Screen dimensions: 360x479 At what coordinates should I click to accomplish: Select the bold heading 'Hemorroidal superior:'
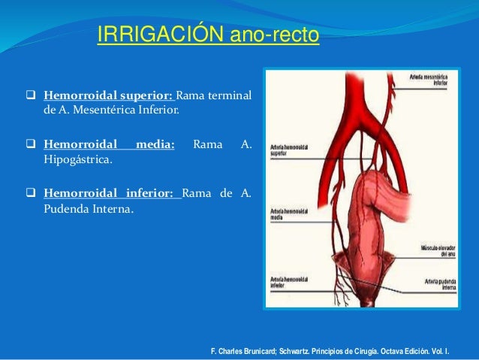[x=109, y=96]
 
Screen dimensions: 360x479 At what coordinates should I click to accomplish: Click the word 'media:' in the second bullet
[x=155, y=144]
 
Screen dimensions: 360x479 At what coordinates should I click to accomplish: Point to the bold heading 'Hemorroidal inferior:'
[x=112, y=192]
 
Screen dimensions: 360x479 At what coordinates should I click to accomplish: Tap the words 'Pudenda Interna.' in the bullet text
[x=89, y=208]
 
